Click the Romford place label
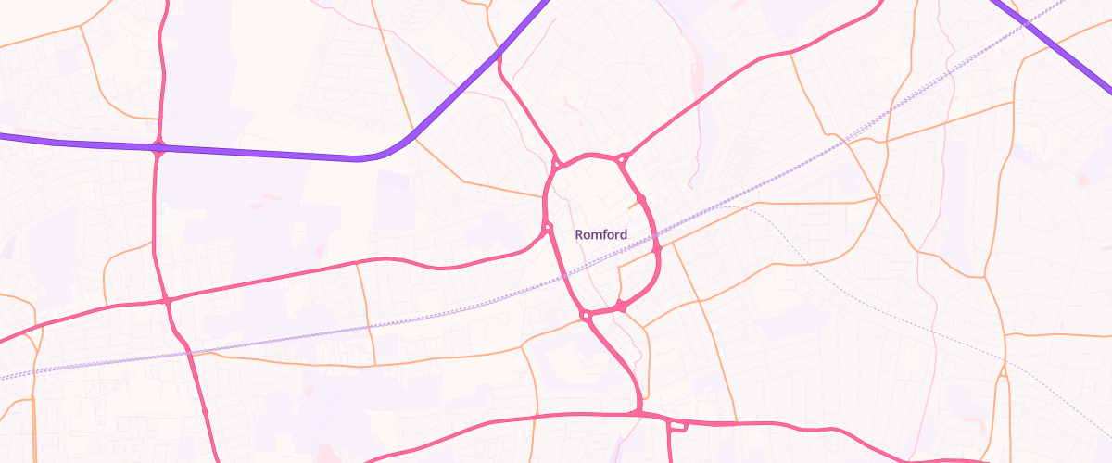[601, 235]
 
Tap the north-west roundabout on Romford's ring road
[557, 166]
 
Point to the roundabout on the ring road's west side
[548, 227]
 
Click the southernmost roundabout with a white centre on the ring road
[586, 317]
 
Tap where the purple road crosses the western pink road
[159, 147]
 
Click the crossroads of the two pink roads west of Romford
[165, 300]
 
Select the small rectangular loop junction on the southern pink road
[677, 426]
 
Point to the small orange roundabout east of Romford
[877, 197]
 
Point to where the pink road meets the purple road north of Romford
[499, 56]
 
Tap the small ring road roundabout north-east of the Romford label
[640, 199]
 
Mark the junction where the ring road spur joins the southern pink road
[638, 410]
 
